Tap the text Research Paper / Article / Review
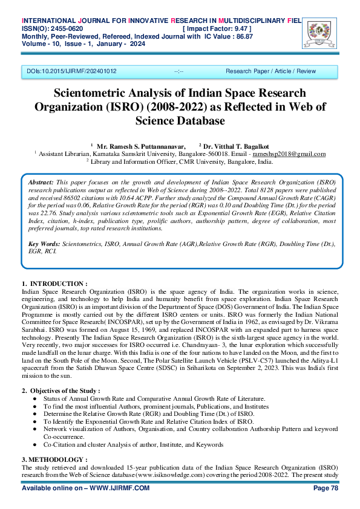click(x=270, y=71)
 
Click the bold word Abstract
click(x=41, y=182)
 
